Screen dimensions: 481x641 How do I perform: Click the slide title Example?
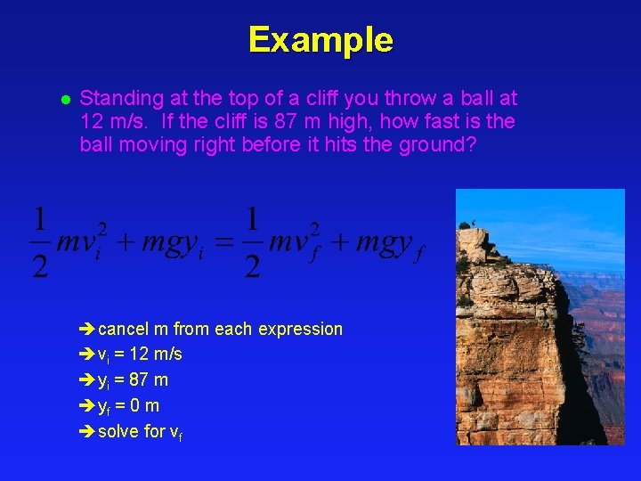pos(320,40)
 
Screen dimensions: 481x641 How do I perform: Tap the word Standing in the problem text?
pos(115,98)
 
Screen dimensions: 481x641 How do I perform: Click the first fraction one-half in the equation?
pos(40,242)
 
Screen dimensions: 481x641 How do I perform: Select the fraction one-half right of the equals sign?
pos(252,242)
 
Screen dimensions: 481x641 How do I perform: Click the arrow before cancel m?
pos(86,330)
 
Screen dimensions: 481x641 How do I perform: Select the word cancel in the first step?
pos(124,330)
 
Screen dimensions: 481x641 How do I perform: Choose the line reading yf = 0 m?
pos(128,406)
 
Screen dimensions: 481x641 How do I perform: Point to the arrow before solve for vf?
pos(86,432)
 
